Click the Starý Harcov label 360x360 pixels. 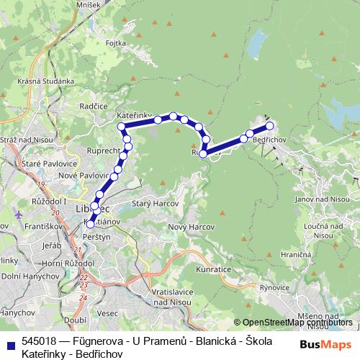[150, 204]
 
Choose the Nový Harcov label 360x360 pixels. [186, 228]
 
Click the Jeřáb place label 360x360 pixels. [32, 245]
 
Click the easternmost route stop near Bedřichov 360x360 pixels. [270, 126]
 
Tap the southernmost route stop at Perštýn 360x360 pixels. [90, 225]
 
